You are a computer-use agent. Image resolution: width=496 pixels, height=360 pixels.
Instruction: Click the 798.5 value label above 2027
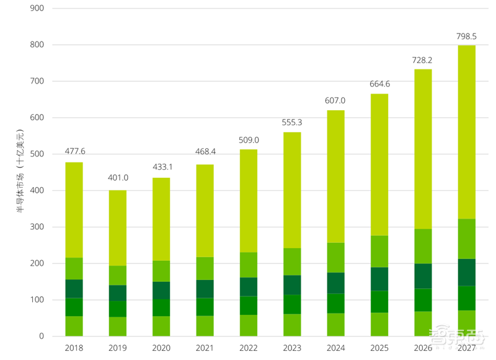pos(466,37)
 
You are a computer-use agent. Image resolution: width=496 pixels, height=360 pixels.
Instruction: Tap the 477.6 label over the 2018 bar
pos(74,152)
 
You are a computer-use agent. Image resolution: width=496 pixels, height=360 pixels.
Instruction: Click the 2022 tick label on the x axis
pos(248,348)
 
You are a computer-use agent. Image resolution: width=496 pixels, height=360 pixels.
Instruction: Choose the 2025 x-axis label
pos(379,348)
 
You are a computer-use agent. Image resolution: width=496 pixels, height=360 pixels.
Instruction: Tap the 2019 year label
pos(117,348)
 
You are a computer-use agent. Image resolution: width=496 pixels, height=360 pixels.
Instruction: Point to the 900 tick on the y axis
pos(37,9)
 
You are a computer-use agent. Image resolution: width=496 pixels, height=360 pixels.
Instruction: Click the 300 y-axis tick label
pos(37,227)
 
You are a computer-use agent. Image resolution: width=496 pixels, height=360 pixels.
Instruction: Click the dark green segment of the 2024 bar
pos(335,283)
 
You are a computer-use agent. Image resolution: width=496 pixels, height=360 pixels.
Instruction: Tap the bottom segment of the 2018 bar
pos(74,326)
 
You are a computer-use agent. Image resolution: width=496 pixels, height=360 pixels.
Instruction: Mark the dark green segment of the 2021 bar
pos(205,289)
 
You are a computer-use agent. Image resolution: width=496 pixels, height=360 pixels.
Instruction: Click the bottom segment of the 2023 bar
pos(292,325)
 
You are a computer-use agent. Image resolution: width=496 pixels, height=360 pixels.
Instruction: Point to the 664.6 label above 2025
pos(379,84)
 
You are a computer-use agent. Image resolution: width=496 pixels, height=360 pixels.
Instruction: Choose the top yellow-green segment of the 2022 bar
pos(248,201)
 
